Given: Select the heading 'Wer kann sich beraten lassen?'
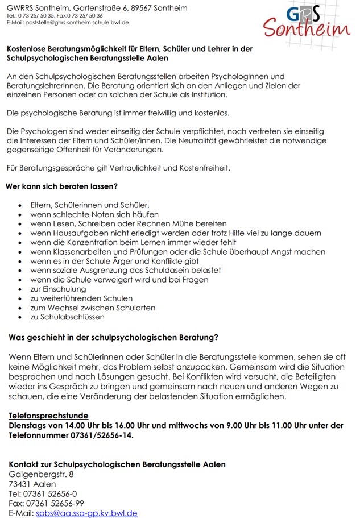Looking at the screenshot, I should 62,186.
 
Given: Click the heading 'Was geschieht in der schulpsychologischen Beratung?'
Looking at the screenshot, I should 114,338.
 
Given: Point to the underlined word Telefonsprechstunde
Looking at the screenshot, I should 48,416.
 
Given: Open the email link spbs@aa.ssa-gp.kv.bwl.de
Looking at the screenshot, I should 86,513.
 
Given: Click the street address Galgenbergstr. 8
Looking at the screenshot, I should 41,474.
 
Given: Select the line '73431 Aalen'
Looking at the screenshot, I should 32,484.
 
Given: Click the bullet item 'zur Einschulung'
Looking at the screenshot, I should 58,289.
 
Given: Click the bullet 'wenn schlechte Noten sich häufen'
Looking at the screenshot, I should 94,214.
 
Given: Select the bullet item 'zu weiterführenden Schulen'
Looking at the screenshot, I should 81,298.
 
